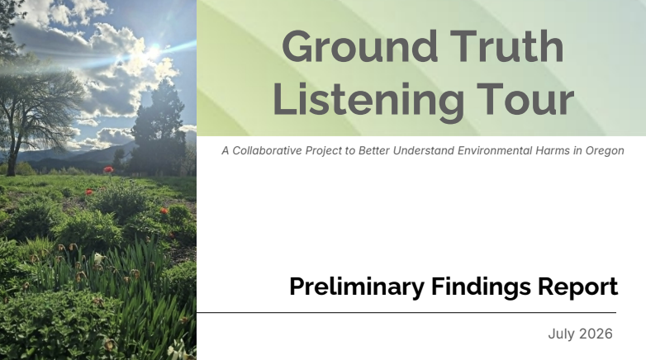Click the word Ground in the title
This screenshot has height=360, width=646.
coord(359,46)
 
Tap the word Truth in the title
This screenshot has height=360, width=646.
coord(506,46)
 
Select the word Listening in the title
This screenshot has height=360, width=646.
coord(368,99)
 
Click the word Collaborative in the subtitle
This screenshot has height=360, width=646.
coord(267,151)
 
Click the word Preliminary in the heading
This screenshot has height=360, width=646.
coord(357,287)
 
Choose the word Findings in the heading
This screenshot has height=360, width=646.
coord(481,287)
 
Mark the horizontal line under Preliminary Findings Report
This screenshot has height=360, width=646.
coord(406,313)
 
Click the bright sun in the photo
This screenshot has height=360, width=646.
coord(154,51)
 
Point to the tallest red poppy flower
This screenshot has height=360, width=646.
coord(108,170)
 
